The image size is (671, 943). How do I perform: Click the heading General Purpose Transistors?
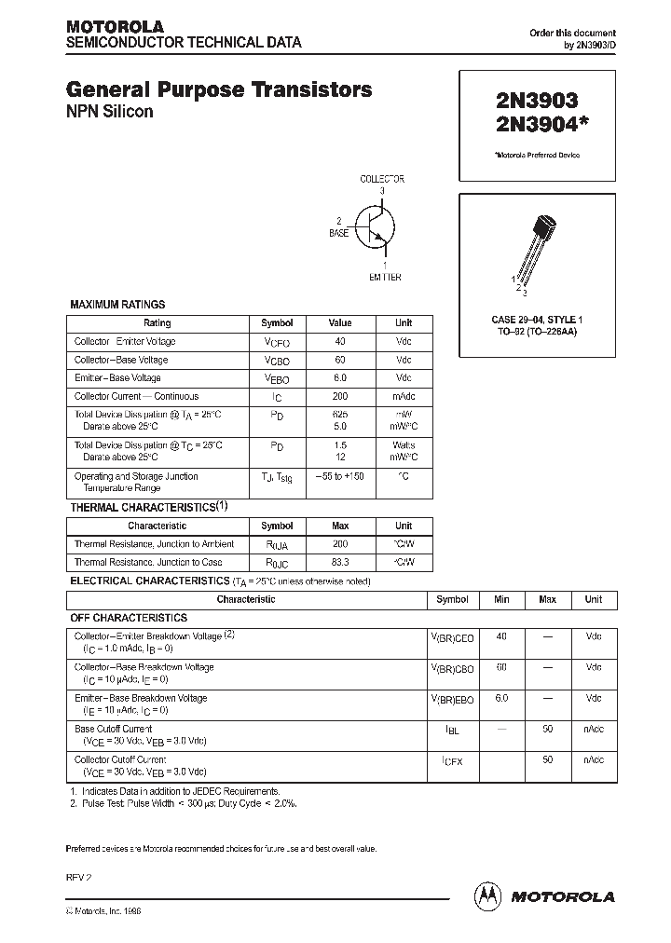coord(219,90)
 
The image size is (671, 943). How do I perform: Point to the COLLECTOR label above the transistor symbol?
coord(382,179)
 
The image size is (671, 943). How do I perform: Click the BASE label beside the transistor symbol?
coord(338,233)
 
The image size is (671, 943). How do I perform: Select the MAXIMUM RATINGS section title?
coord(118,305)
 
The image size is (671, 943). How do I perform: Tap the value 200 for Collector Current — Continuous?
coord(340,396)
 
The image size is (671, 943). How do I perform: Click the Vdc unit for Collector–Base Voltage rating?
coord(404,360)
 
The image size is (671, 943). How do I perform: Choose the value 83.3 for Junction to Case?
coord(340,562)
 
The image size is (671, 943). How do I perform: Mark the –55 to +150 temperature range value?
coord(340,476)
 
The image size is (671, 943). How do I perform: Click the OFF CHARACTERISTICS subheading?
coord(129,618)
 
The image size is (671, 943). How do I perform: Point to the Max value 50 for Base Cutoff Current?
coord(547,729)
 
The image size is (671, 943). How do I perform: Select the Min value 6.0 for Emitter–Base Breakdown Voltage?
coord(501,698)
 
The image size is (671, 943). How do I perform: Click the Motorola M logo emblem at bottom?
coord(488,895)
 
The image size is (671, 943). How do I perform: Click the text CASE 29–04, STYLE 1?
coord(535,320)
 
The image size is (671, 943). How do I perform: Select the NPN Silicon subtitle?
coord(109,112)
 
